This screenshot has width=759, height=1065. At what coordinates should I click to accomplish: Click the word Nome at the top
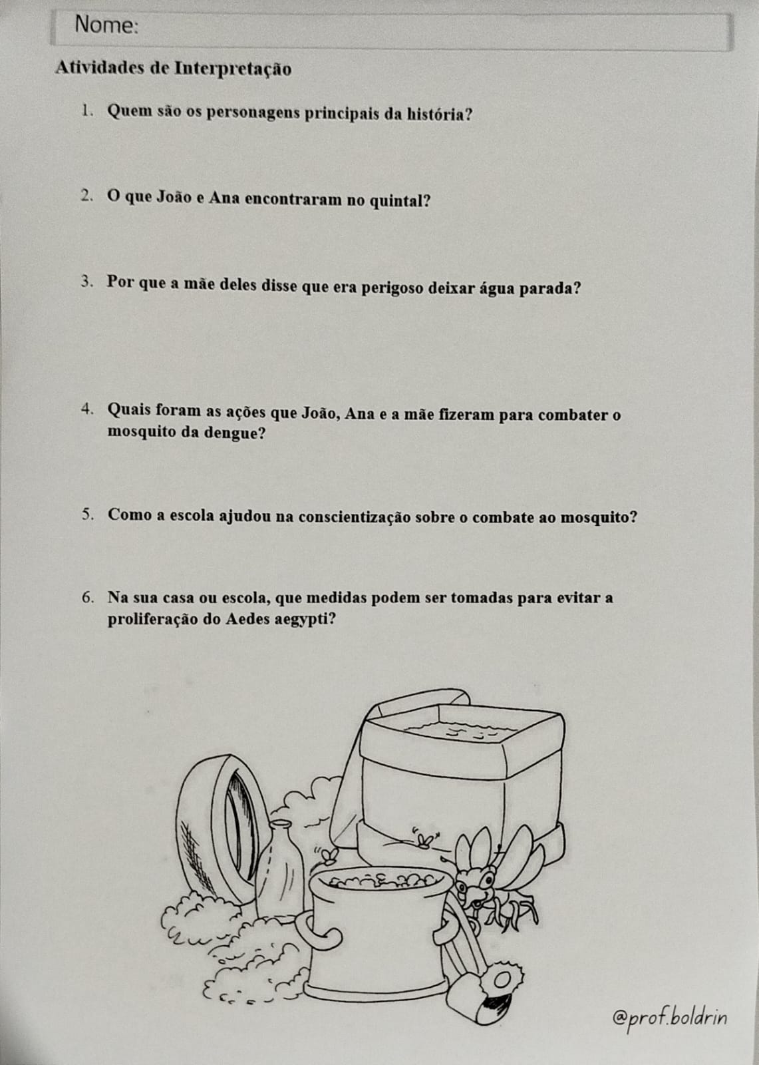click(x=106, y=25)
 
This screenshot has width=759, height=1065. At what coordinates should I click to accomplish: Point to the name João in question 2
click(x=174, y=197)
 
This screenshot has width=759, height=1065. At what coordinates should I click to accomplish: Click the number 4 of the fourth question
click(x=86, y=409)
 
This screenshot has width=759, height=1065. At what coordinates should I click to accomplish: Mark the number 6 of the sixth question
click(x=87, y=597)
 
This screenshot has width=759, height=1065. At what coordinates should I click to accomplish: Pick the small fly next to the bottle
click(x=327, y=855)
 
